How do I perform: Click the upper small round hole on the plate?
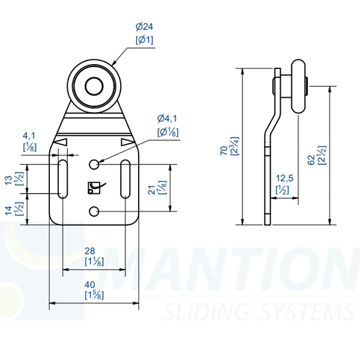(x=94, y=164)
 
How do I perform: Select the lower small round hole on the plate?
(x=94, y=211)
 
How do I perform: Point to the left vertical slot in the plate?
(x=62, y=178)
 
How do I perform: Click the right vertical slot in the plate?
(x=125, y=178)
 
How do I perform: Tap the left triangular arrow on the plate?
(x=61, y=142)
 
